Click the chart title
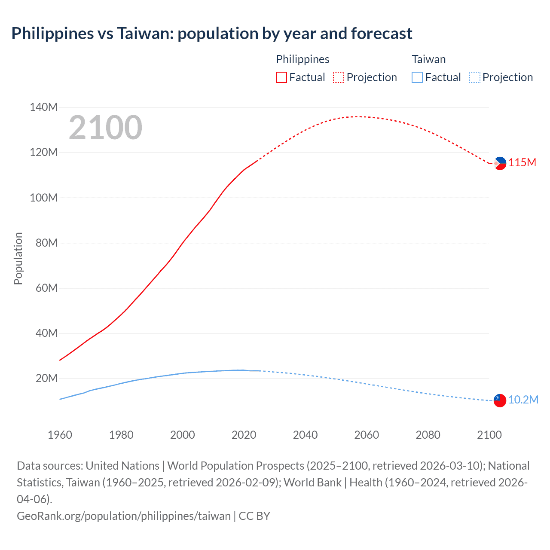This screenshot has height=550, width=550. (211, 33)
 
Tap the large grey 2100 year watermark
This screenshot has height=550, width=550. (105, 128)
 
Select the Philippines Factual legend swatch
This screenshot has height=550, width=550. (281, 77)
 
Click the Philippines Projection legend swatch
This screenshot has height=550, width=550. (339, 77)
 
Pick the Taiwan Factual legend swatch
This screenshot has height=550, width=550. (417, 77)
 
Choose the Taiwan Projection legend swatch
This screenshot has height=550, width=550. (474, 77)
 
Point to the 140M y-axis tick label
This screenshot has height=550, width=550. (43, 107)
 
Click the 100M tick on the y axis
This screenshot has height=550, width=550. (43, 198)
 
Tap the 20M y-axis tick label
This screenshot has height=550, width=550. (46, 378)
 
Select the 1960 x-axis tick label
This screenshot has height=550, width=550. (60, 435)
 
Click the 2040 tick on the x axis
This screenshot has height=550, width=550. (305, 435)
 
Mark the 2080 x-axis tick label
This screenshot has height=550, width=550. (428, 435)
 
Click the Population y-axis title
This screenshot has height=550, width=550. (18, 258)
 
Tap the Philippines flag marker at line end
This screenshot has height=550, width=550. (500, 163)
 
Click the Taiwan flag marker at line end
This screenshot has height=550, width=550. (499, 400)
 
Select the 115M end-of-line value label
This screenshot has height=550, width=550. (522, 163)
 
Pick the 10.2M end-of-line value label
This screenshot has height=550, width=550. (523, 400)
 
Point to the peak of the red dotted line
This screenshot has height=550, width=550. (357, 116)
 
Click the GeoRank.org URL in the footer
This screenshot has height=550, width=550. (124, 516)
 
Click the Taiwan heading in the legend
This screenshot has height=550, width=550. (428, 59)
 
